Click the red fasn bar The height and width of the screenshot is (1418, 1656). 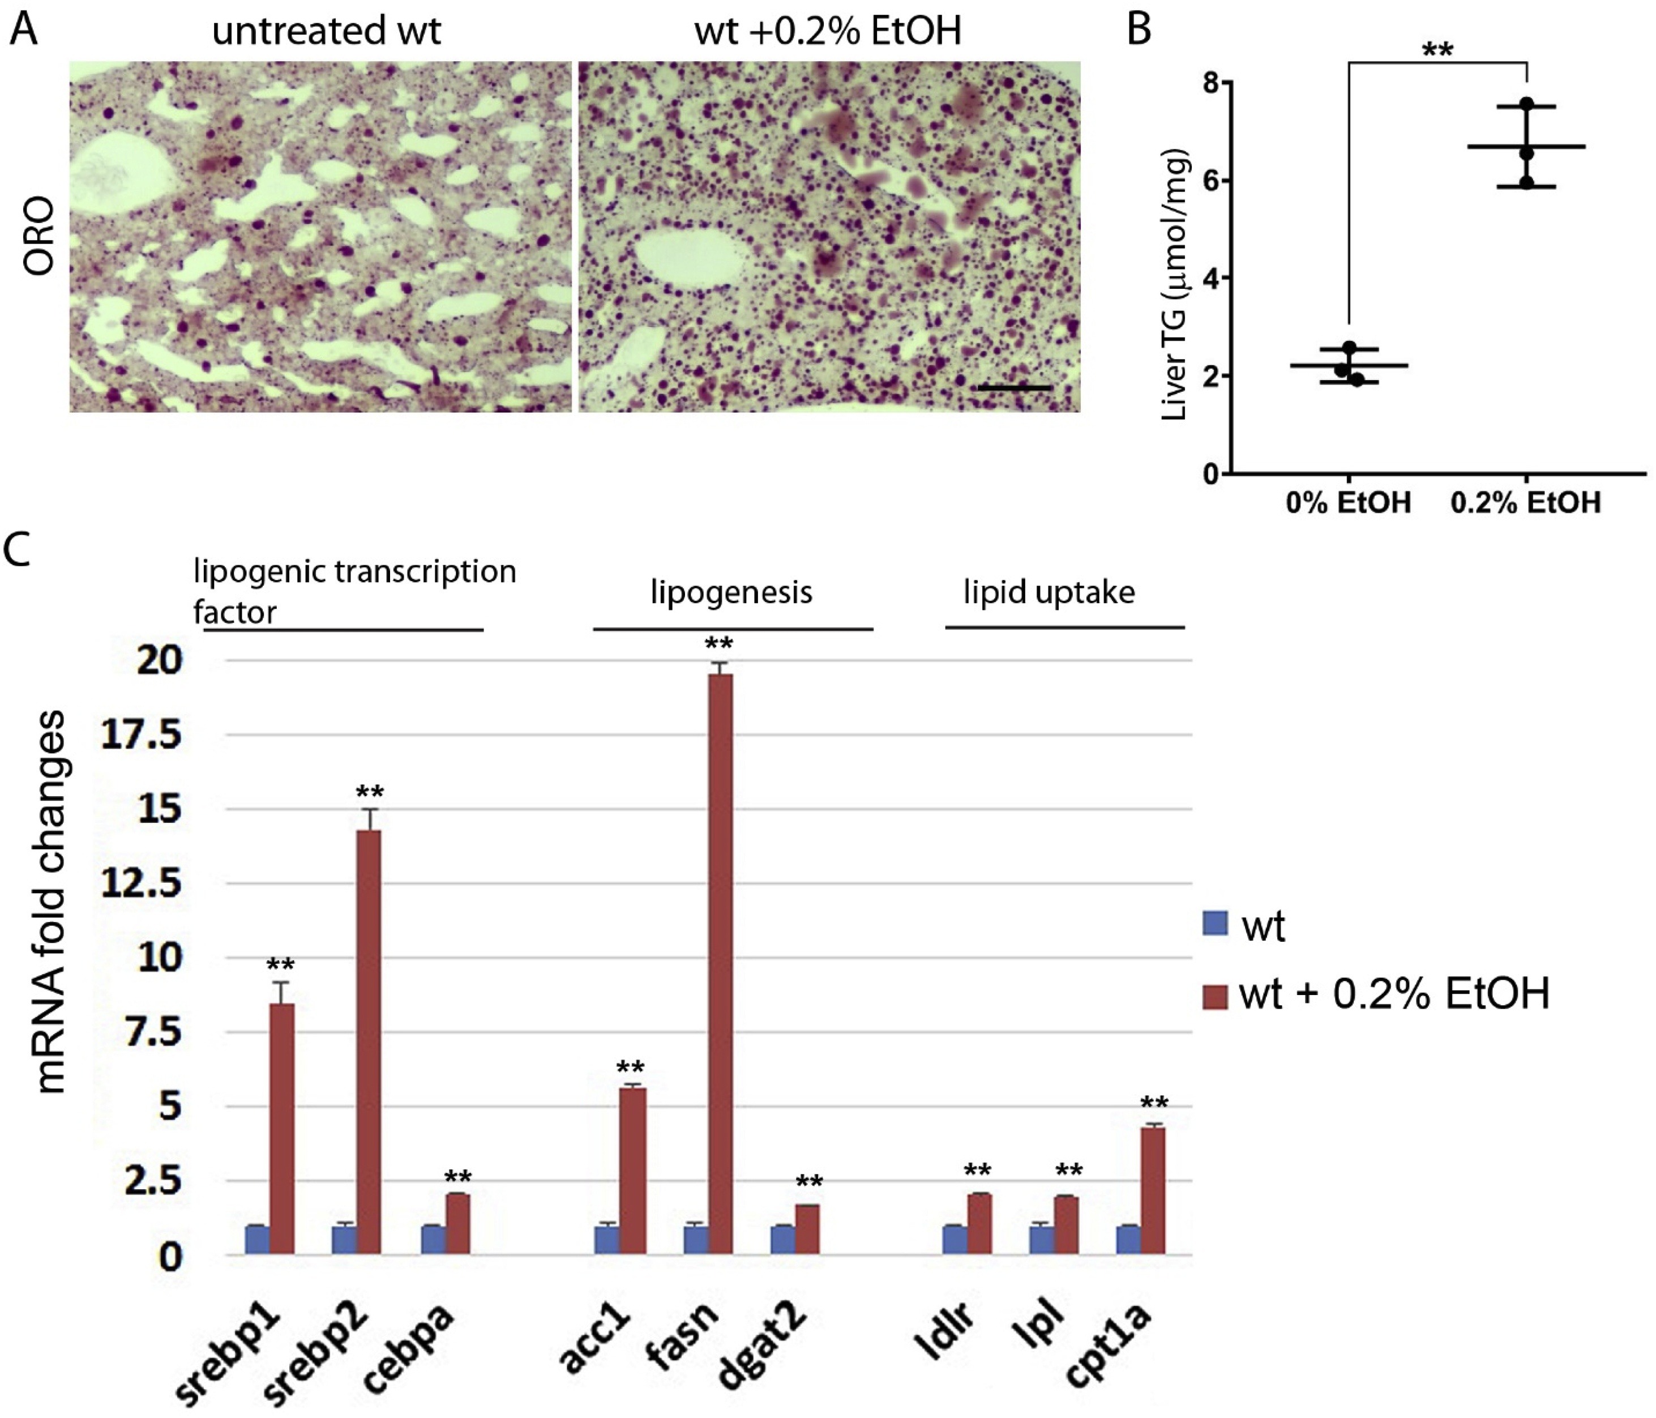pyautogui.click(x=720, y=963)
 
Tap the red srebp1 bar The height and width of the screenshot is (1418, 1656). pyautogui.click(x=281, y=1128)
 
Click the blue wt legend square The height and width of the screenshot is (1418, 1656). pyautogui.click(x=1215, y=925)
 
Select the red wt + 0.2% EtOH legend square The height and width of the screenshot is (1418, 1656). pyautogui.click(x=1215, y=996)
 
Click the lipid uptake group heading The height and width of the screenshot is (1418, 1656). pyautogui.click(x=1049, y=592)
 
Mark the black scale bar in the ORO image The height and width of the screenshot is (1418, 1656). pyautogui.click(x=1014, y=388)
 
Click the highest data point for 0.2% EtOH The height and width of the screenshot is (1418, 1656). pyautogui.click(x=1526, y=104)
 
